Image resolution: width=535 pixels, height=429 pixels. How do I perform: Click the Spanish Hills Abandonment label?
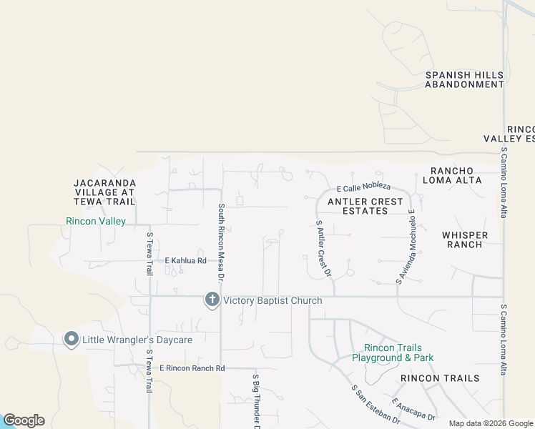coord(464,79)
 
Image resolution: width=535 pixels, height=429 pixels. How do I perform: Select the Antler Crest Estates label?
coord(365,207)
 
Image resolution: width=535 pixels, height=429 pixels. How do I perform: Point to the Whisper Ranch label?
coord(465,240)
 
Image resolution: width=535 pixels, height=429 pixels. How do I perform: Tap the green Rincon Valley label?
coord(96,222)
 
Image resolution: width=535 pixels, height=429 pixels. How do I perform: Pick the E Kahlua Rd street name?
coord(185,261)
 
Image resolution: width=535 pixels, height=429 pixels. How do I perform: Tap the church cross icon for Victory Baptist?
coord(212,300)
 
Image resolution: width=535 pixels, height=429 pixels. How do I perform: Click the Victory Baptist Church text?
coord(273,301)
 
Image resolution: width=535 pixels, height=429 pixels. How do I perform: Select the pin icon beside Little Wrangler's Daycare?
coord(71,340)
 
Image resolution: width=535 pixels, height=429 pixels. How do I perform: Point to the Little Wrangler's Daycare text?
coord(136,340)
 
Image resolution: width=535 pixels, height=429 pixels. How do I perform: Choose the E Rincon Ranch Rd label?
coord(192,368)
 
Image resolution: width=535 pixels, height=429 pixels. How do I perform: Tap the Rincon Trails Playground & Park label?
coord(393,352)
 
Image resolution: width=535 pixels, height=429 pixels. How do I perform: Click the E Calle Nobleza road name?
coord(363,187)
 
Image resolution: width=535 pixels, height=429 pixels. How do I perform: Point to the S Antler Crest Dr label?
coord(324,248)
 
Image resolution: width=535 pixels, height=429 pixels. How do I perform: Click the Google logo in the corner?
coord(24,420)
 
